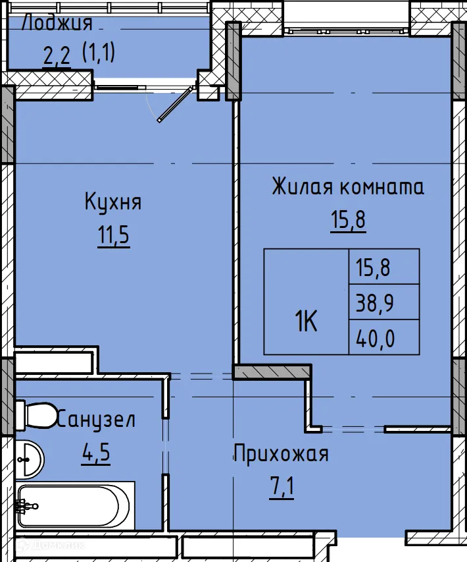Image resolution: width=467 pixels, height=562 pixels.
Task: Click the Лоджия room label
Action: coord(57,24)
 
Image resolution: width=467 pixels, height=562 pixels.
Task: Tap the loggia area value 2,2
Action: coord(57,56)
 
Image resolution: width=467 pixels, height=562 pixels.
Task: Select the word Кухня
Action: coord(113,202)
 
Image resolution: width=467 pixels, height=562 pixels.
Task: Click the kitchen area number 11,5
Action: coord(113,236)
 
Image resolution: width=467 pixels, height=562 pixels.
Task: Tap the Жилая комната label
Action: coord(348,187)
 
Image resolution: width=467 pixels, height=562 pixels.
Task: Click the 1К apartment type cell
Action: coord(306,322)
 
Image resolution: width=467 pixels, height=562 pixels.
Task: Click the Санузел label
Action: coord(97,420)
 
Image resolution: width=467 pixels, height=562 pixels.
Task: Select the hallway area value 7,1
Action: coord(281,489)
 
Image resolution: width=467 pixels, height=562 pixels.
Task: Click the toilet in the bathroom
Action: coord(36,414)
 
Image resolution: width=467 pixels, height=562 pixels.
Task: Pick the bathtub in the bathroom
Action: coord(76,506)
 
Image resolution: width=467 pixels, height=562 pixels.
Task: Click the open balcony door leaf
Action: coord(176,103)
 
